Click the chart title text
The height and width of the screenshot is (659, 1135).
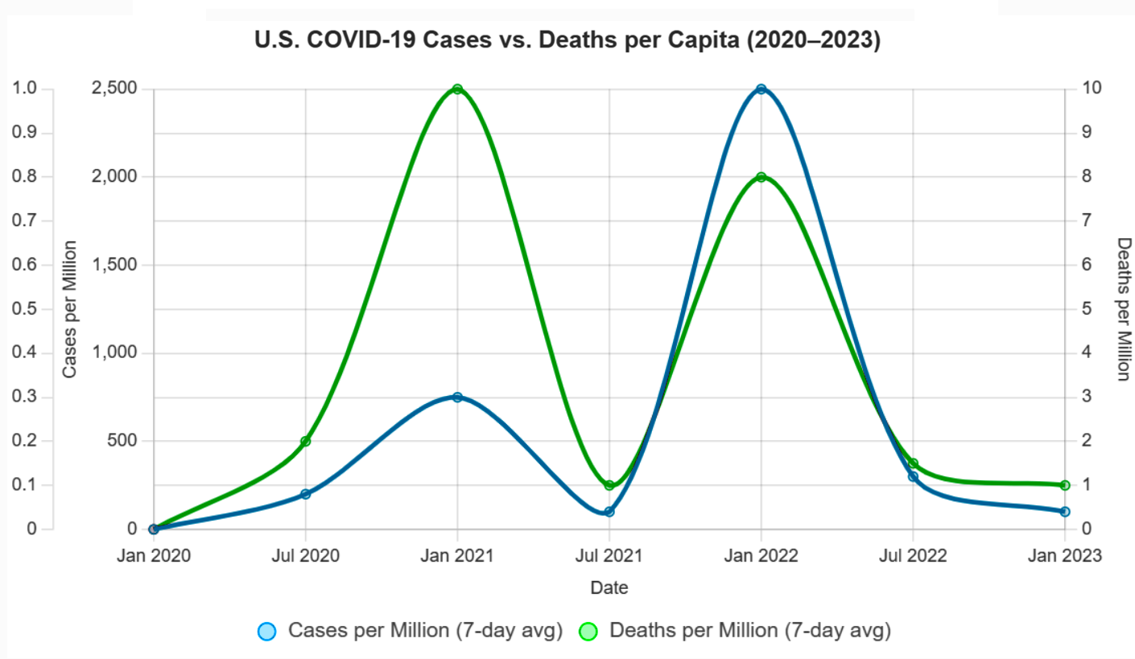567,41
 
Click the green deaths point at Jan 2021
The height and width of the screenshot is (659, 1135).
457,89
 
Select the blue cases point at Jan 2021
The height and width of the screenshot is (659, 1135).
457,397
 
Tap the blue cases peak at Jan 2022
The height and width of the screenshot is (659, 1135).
761,89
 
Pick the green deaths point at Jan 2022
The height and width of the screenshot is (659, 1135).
761,177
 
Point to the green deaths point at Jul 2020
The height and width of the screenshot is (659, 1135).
305,441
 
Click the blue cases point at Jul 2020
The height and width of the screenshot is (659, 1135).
305,494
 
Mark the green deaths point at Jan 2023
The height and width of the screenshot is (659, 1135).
1064,485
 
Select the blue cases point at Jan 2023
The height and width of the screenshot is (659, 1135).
1064,512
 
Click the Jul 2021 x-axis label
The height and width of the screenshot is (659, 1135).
609,555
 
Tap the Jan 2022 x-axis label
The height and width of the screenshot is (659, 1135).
761,555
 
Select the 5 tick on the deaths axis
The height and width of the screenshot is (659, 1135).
1086,309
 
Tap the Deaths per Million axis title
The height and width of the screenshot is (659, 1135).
1124,309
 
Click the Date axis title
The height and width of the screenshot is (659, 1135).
609,587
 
